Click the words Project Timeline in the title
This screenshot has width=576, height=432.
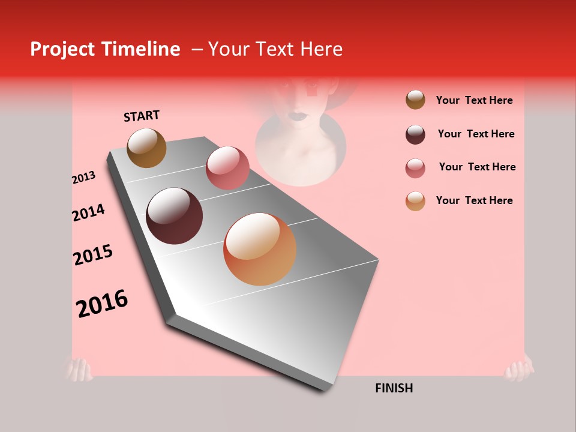tap(105, 49)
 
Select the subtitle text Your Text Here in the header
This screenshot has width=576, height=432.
tap(275, 49)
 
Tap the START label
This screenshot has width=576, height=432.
tap(142, 116)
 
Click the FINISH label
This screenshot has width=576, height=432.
tap(394, 388)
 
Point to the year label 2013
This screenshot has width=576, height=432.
tap(83, 178)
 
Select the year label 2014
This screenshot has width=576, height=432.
tap(88, 212)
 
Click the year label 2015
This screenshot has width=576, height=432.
tap(93, 255)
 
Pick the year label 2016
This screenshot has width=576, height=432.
tap(102, 303)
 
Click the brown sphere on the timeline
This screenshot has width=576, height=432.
tap(146, 148)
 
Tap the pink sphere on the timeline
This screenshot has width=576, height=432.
tap(227, 167)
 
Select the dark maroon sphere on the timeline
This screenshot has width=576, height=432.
tap(174, 216)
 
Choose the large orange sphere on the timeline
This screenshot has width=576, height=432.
tap(260, 249)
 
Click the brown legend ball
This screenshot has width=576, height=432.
tap(415, 100)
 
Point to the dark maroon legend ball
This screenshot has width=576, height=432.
tap(415, 134)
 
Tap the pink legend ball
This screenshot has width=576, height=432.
tap(415, 168)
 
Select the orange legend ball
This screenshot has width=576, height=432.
tap(415, 201)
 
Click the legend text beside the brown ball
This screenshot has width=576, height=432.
tap(474, 100)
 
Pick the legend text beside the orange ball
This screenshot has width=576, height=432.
tap(474, 200)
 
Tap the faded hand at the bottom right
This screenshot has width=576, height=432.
tap(519, 367)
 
